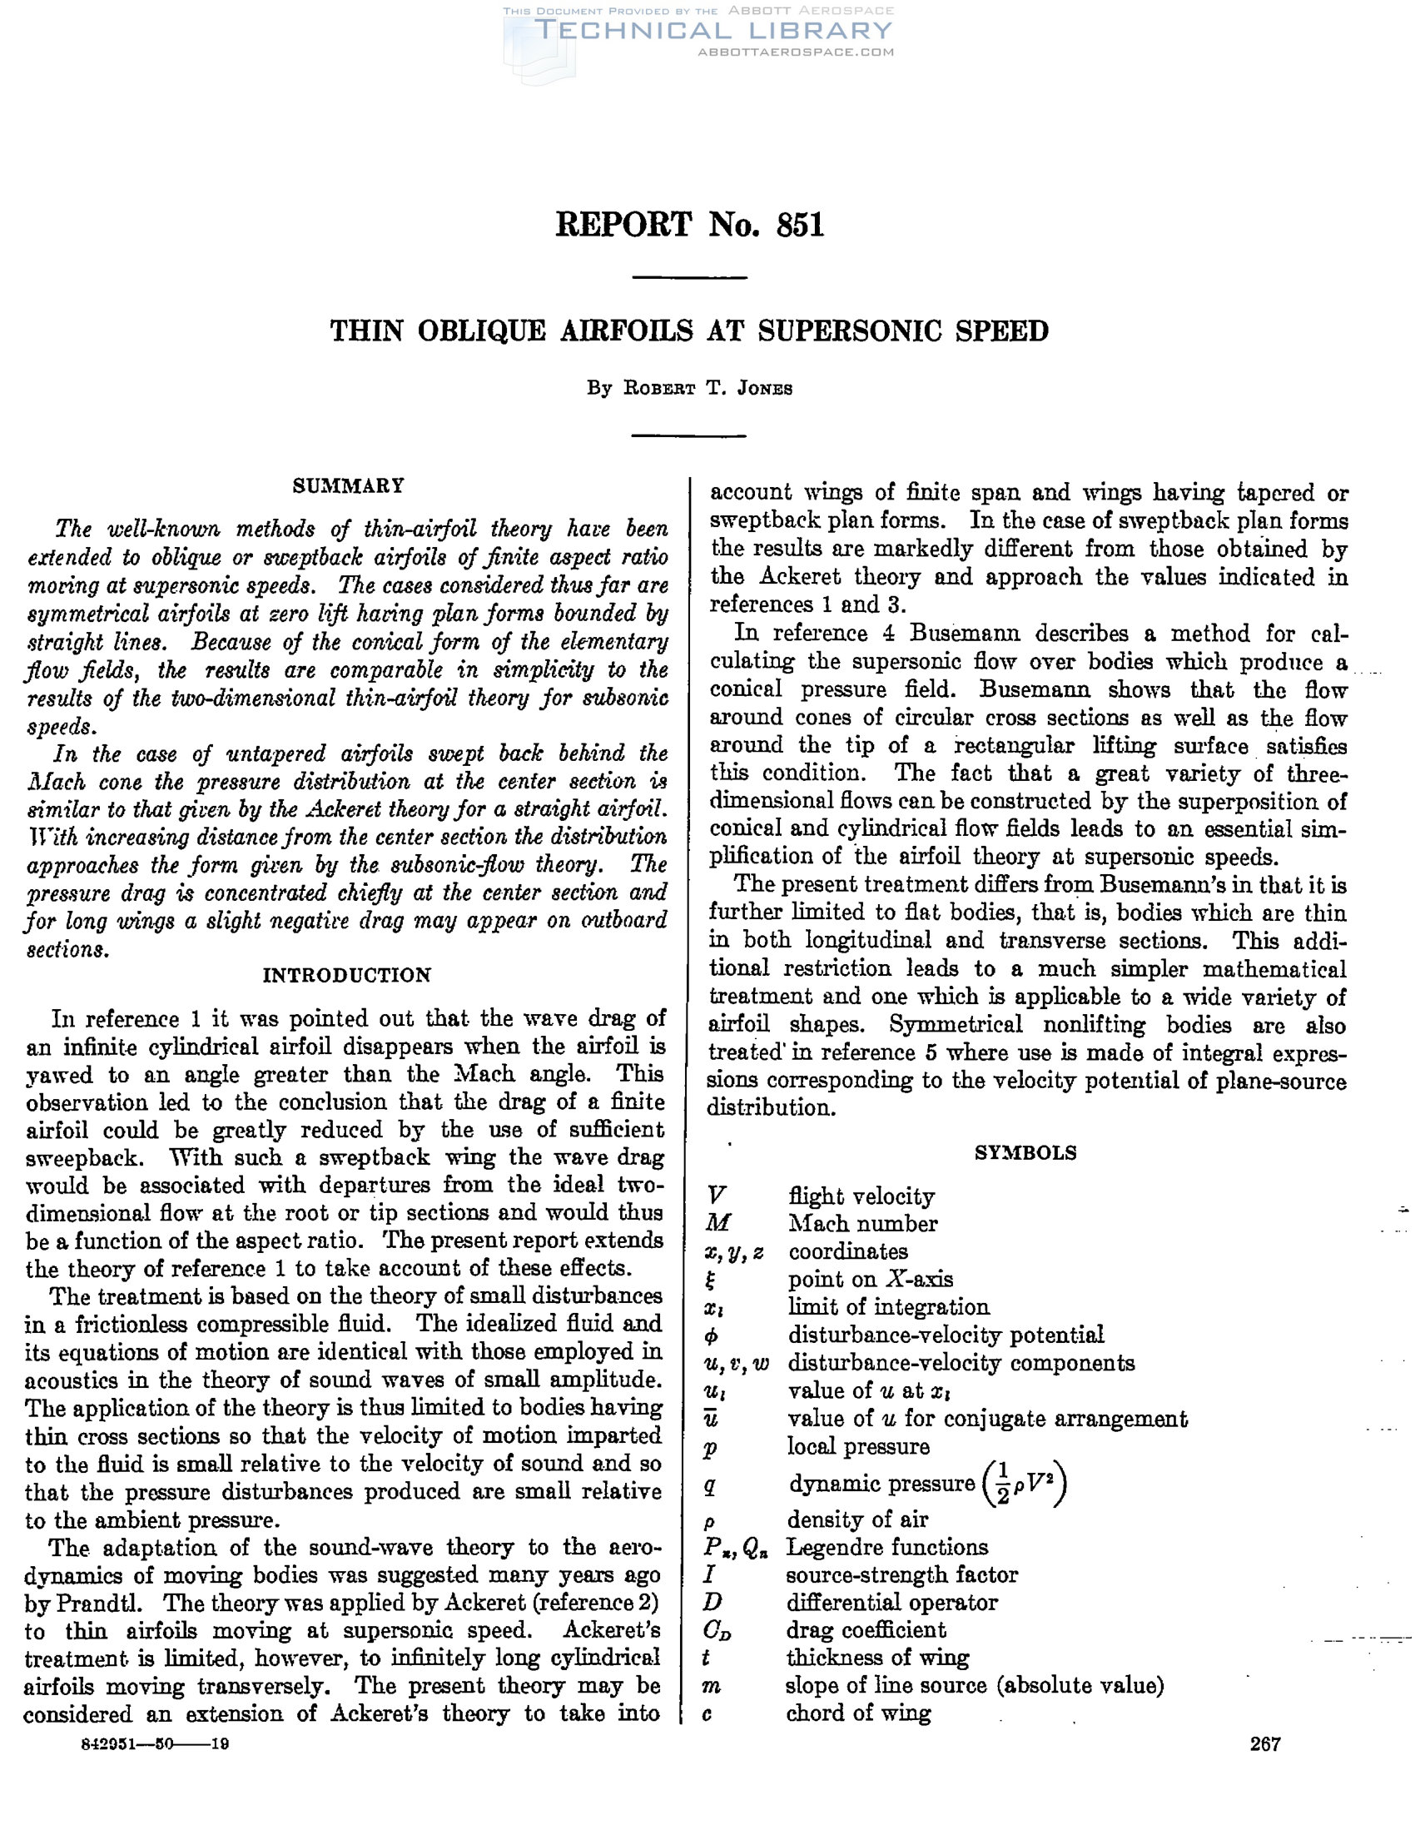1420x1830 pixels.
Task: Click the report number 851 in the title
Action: tap(800, 226)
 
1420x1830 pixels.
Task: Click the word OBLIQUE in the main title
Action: tap(482, 332)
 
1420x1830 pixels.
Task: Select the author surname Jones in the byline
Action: tap(764, 389)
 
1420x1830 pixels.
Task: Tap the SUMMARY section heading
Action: tap(349, 486)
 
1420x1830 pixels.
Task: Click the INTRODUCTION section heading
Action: tap(347, 975)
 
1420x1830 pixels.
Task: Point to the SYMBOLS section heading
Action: tap(1025, 1153)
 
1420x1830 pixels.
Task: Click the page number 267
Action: tap(1265, 1743)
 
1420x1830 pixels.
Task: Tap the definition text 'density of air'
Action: tap(857, 1519)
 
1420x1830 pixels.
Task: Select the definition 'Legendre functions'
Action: tap(887, 1547)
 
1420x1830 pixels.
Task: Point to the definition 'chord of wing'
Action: tap(858, 1713)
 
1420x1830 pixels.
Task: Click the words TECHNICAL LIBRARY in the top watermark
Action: tap(713, 31)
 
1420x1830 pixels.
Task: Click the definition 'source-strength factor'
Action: tap(901, 1574)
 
